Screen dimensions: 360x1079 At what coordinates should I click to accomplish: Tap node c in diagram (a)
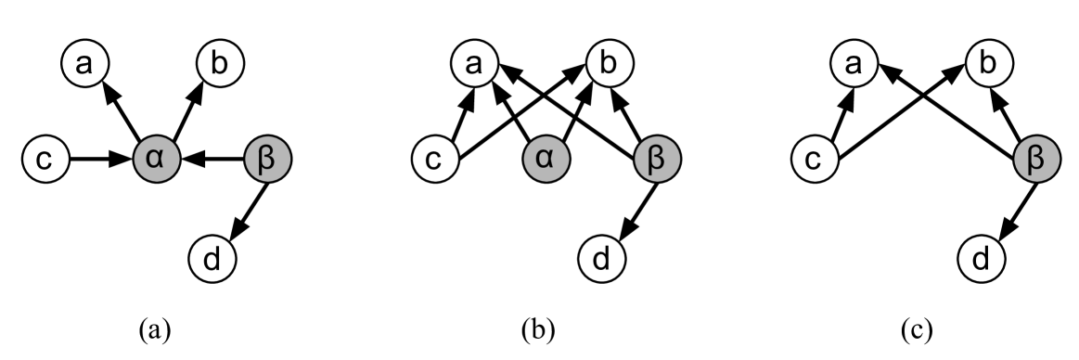click(x=45, y=160)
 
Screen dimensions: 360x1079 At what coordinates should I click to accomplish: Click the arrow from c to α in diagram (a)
click(x=99, y=160)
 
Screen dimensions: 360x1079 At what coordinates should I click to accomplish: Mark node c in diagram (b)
click(x=434, y=160)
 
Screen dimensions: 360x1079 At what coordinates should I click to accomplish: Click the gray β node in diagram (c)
click(x=1036, y=160)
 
